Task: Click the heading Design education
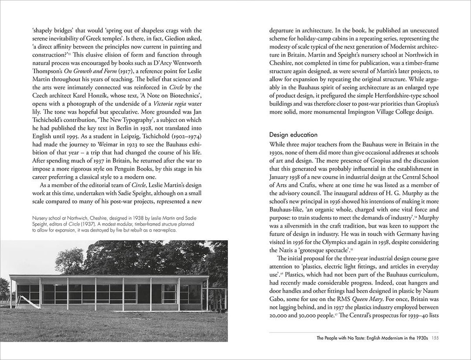point(293,135)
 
